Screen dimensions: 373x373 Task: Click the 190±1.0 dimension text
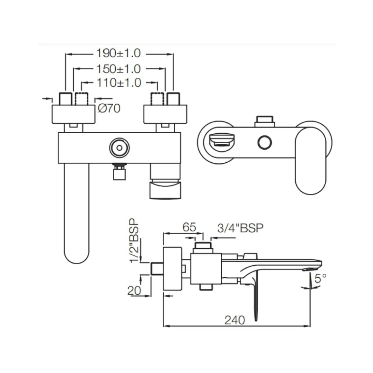click(x=118, y=54)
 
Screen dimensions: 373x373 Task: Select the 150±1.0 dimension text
click(x=118, y=69)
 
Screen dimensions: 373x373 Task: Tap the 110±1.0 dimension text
click(x=119, y=83)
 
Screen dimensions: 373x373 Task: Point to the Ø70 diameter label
click(x=109, y=108)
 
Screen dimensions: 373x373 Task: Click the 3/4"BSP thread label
click(x=240, y=228)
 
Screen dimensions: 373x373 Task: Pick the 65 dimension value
click(x=189, y=227)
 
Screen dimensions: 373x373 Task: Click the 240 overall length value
click(x=235, y=320)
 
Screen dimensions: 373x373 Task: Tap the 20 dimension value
click(x=134, y=290)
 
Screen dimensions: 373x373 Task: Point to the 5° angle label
click(x=320, y=278)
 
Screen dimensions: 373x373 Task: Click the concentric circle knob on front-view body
click(x=119, y=148)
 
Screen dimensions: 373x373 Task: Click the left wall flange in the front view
click(x=73, y=114)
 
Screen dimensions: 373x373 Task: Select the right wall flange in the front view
click(x=165, y=114)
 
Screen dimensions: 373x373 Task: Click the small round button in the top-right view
click(x=265, y=143)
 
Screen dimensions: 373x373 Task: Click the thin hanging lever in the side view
click(x=256, y=297)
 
